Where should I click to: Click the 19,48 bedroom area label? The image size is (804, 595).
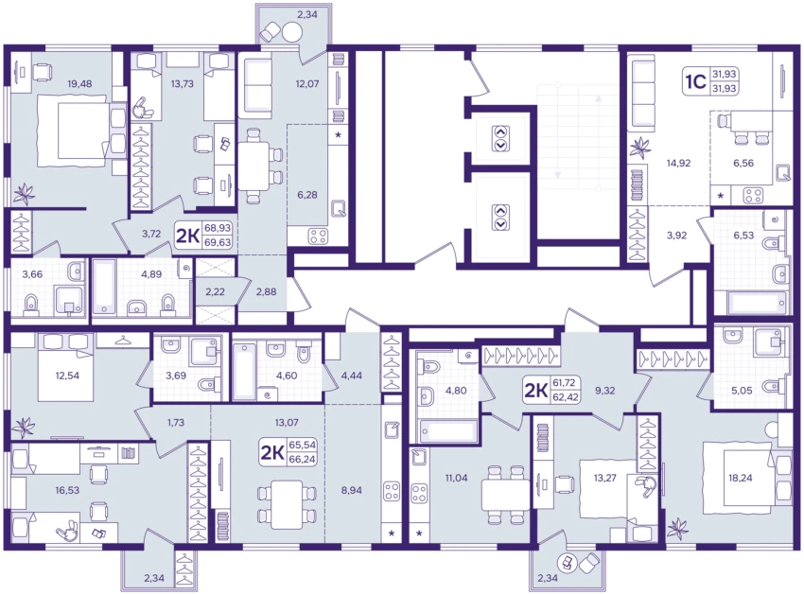coord(80,83)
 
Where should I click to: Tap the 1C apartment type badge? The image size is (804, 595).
coord(696,81)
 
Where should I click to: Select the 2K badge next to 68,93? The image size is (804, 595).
coord(187,235)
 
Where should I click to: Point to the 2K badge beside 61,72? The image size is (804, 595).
coord(535,391)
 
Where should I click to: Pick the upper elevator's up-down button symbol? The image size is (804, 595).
coord(501,138)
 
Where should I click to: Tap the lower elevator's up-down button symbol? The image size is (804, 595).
coord(501,217)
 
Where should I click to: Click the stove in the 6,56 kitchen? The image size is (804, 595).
coord(754,195)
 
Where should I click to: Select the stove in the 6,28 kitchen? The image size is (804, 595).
coord(318,236)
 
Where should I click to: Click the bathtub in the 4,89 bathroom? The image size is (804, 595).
coord(105,287)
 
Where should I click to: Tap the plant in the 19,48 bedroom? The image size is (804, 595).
coord(24,193)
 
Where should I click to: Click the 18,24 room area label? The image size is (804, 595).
coord(741,478)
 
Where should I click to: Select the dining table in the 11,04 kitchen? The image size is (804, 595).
coord(505,495)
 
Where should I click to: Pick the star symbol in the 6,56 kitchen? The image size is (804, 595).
coord(721,196)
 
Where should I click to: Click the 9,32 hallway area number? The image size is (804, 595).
coord(605,391)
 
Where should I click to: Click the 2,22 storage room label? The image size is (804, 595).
coord(216,291)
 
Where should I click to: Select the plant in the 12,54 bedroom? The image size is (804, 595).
coord(24,427)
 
